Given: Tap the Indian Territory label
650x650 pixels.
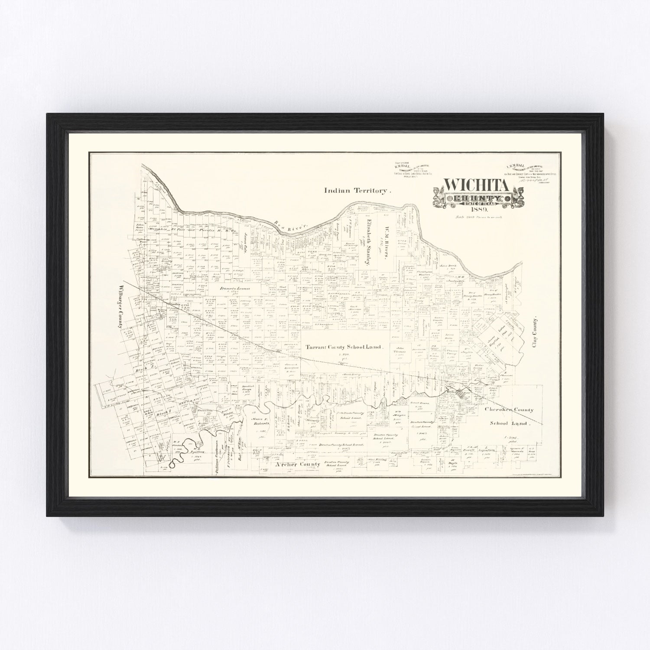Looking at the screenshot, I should pos(357,190).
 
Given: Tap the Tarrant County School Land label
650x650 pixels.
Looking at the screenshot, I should pos(344,347).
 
